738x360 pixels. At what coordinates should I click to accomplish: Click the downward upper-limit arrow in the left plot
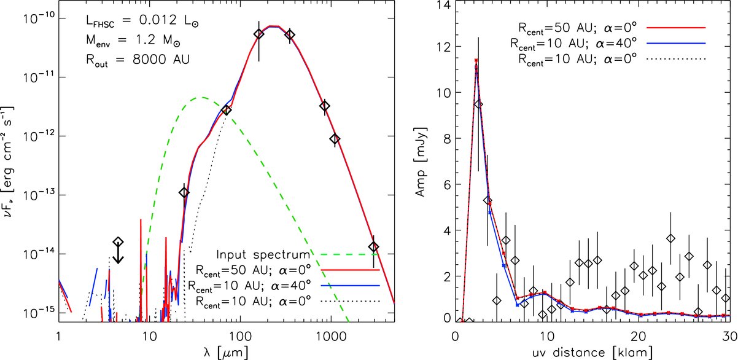click(x=118, y=253)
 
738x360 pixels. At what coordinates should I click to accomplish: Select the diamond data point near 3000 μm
click(x=373, y=246)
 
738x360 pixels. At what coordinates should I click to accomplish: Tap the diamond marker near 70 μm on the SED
click(x=226, y=110)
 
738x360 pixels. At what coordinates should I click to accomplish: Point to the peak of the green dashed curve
click(x=201, y=97)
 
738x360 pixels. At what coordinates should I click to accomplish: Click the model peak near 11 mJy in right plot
click(x=476, y=61)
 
